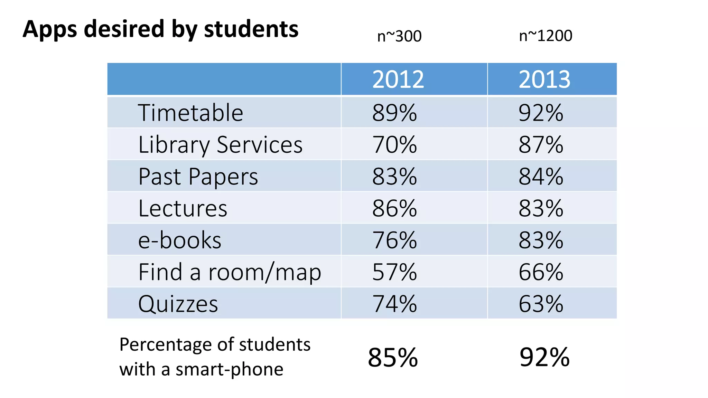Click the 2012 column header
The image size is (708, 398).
(398, 79)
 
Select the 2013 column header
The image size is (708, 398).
(544, 79)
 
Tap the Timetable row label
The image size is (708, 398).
(190, 113)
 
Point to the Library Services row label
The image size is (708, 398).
(220, 145)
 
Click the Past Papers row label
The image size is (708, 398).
(198, 177)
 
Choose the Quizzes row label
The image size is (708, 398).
(178, 304)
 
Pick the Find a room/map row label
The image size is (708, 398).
(230, 272)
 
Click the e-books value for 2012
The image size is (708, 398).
(394, 240)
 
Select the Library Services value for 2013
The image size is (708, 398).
(541, 145)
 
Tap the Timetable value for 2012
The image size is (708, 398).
(394, 113)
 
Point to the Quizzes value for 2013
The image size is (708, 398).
(541, 304)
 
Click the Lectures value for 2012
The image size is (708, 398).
(394, 209)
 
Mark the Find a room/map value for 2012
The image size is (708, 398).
(394, 272)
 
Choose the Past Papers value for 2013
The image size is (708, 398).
(541, 177)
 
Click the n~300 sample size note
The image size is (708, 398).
(399, 36)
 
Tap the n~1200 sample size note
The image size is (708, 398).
(546, 36)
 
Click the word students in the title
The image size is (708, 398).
(251, 29)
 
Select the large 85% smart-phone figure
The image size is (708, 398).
(393, 358)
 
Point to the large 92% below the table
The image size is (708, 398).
(544, 358)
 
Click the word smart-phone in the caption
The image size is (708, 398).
(229, 369)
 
